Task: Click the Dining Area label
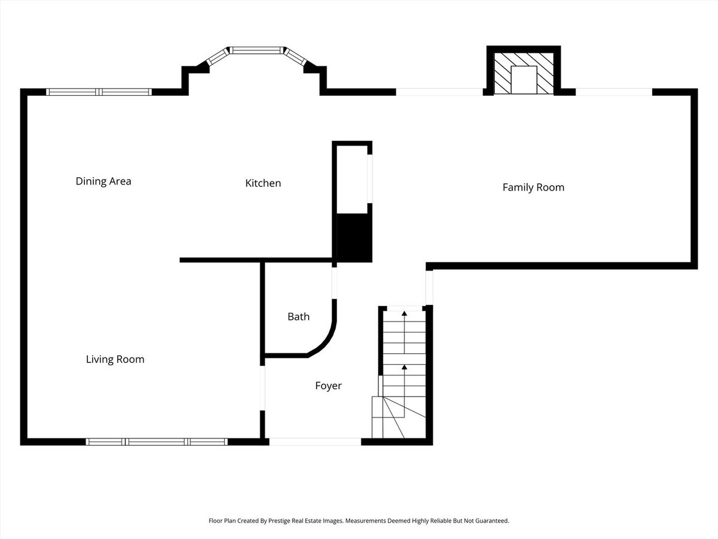(104, 181)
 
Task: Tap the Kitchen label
(263, 183)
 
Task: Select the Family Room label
(533, 187)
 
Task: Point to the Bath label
(299, 316)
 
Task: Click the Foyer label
(328, 386)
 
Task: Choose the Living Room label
(115, 359)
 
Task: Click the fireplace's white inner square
(524, 80)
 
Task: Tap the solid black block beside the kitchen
(354, 238)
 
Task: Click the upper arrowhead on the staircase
(404, 313)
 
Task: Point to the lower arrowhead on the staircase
(404, 367)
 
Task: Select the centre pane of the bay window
(257, 50)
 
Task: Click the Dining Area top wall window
(99, 92)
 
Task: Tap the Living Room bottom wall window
(157, 442)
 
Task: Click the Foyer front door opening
(315, 442)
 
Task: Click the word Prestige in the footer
(279, 520)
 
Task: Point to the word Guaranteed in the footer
(492, 520)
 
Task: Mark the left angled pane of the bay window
(218, 57)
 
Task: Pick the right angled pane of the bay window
(296, 57)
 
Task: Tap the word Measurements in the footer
(366, 520)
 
